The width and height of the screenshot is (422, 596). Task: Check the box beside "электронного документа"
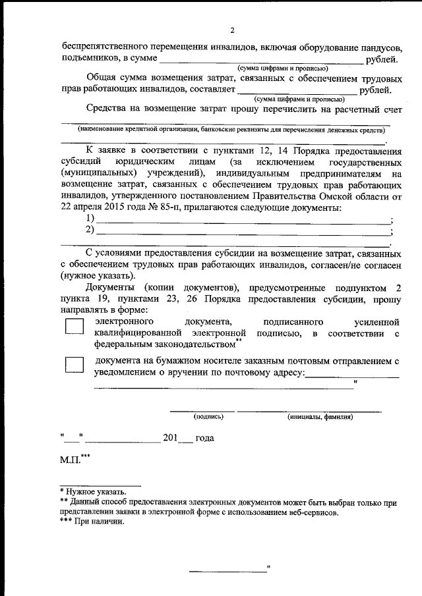75,327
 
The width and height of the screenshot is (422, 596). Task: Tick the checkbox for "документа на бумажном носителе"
75,366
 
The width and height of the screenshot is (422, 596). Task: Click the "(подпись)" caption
208,416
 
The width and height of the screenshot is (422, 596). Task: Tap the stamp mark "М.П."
70,459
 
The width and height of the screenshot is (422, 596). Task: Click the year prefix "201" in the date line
171,437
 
